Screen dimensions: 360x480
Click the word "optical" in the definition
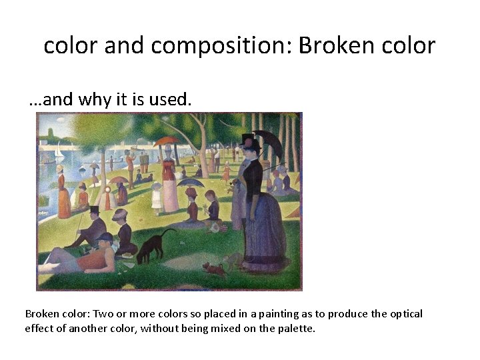tap(405, 313)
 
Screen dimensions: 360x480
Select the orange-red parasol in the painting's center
tap(165, 141)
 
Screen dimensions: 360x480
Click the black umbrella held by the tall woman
tap(267, 141)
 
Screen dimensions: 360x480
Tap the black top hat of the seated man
tap(94, 210)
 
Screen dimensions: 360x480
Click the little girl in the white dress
tap(157, 195)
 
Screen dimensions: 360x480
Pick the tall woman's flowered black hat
tap(250, 141)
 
